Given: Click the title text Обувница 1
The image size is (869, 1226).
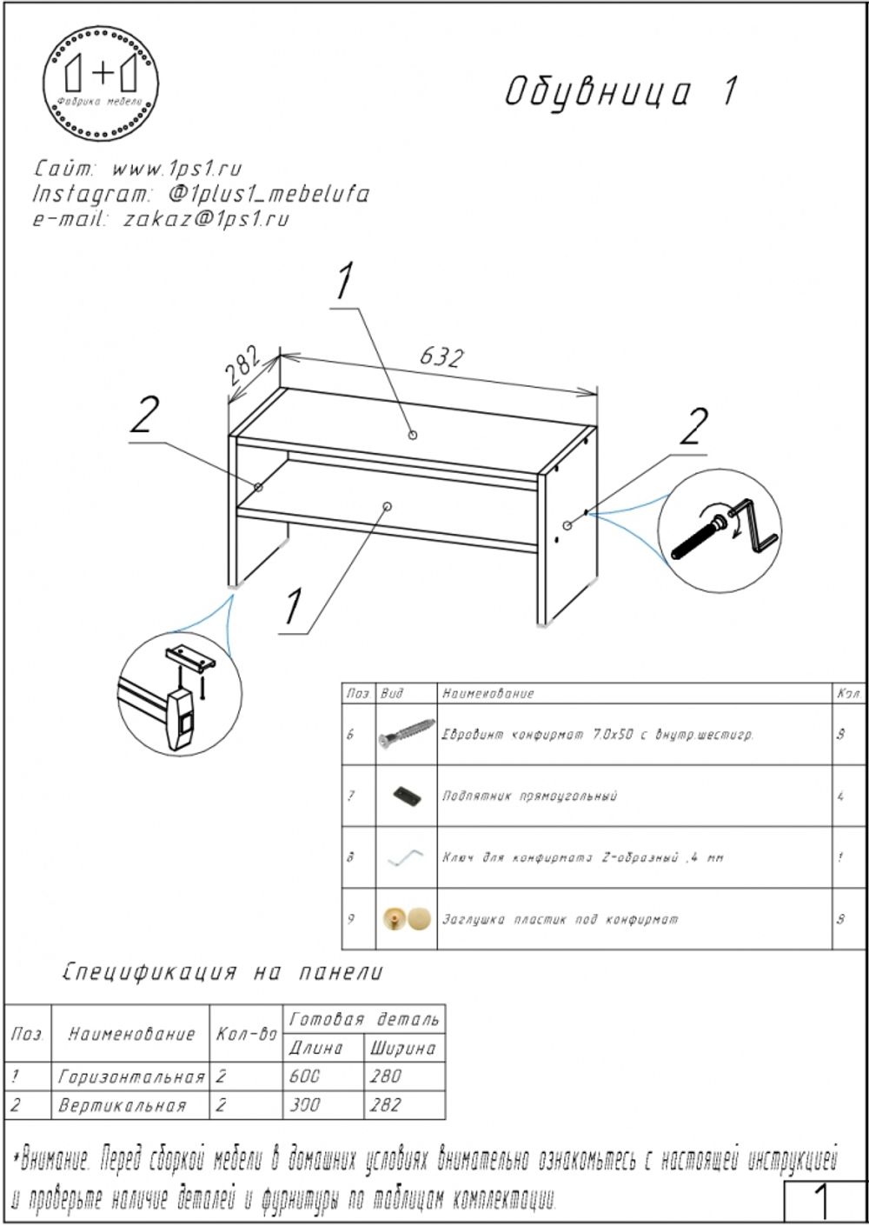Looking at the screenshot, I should pos(622,92).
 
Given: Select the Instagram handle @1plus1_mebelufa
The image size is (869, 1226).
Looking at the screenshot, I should pos(269,193).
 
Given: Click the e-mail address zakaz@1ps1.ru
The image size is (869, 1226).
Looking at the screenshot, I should pos(206,219).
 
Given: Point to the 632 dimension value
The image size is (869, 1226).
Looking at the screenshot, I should pos(441,357).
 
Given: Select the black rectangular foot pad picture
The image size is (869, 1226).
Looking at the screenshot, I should pos(405,796).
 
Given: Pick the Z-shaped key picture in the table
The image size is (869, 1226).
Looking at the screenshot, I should pos(405,857).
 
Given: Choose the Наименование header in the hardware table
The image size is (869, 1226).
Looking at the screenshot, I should pos(488,694).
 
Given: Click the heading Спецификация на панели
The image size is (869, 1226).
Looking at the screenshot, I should pos(222,972).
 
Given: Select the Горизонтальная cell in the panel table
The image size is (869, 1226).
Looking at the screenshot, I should pos(131,1076).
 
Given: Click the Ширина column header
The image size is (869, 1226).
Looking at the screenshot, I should pos(402,1049).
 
